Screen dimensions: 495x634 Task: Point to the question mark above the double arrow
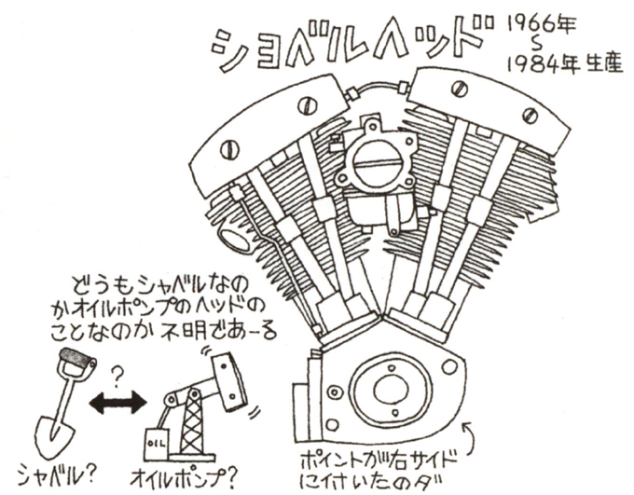tap(119, 376)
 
